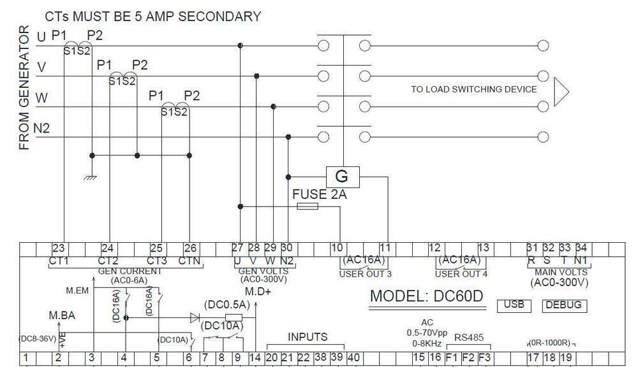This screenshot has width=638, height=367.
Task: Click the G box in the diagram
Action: tap(343, 176)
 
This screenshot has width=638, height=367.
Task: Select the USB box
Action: tap(514, 305)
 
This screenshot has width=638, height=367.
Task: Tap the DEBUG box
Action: tap(565, 305)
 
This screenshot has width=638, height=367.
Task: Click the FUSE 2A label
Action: tap(319, 194)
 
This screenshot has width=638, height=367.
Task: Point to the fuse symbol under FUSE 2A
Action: tap(308, 206)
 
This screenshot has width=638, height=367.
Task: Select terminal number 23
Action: tap(59, 248)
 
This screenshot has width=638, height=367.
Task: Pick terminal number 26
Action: tap(190, 248)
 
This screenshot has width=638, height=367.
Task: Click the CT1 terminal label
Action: tap(59, 260)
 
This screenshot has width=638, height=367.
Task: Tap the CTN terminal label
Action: tap(189, 260)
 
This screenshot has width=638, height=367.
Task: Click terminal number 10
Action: tap(337, 248)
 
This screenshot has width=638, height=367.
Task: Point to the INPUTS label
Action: tap(308, 337)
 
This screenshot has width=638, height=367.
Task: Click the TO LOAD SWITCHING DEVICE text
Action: tap(474, 89)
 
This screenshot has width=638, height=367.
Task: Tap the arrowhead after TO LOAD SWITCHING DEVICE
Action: tap(561, 90)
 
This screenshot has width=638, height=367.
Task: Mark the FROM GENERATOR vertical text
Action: tap(25, 88)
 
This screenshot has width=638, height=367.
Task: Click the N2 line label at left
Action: tap(42, 129)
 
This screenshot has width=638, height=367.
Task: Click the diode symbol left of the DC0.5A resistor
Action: tap(195, 317)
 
